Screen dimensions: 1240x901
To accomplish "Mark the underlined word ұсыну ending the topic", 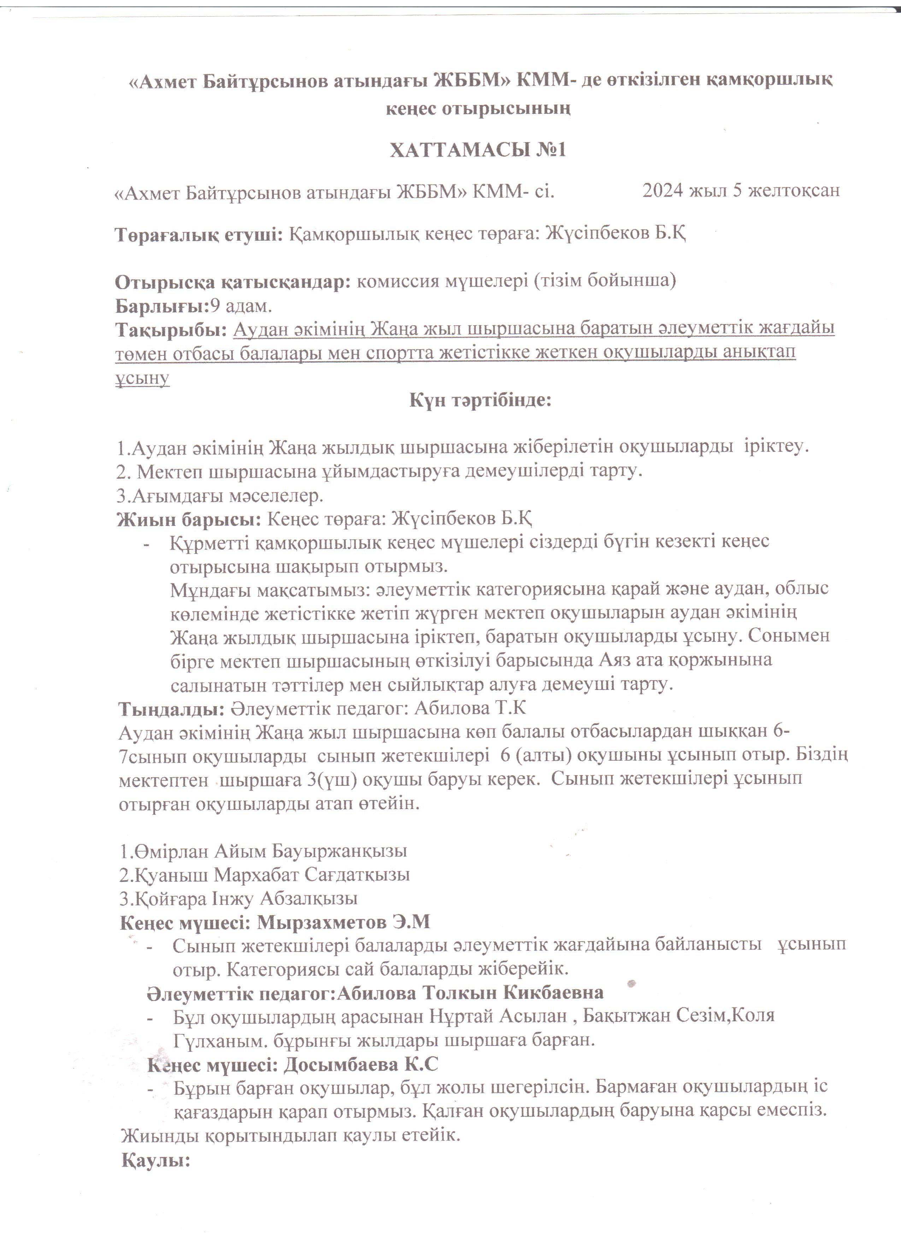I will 142,378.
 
